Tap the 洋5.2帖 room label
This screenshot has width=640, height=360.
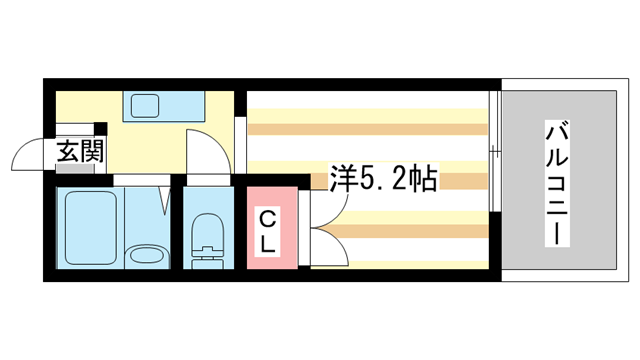pyautogui.click(x=382, y=180)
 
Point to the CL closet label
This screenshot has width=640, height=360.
pyautogui.click(x=270, y=231)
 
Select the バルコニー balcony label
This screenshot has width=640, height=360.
pyautogui.click(x=558, y=183)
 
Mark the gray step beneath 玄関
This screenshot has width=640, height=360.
pyautogui.click(x=76, y=169)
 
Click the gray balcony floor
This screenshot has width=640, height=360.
pyautogui.click(x=558, y=240)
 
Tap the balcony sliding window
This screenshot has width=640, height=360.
pyautogui.click(x=494, y=150)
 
